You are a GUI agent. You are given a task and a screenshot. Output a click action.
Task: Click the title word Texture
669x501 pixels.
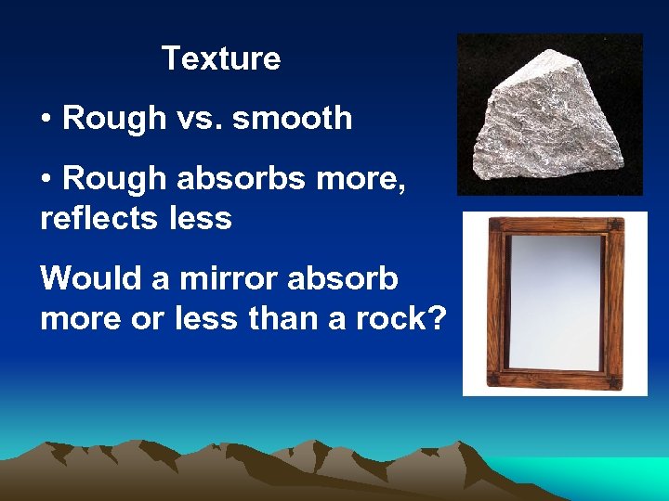(x=221, y=58)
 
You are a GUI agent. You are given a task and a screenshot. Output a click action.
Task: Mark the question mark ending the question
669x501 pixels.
(x=437, y=319)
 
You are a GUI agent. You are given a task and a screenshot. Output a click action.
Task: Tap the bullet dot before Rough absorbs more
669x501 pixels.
(x=46, y=177)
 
